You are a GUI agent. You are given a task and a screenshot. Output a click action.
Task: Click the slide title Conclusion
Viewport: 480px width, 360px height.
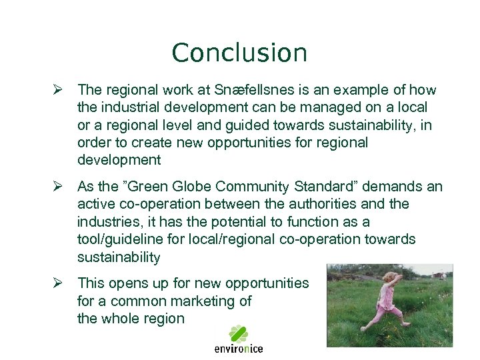coord(239,53)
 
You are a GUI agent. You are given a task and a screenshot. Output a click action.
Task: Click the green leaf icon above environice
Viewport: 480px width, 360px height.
coord(238,333)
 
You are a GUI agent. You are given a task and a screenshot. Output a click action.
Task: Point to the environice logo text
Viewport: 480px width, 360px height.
coord(238,348)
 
